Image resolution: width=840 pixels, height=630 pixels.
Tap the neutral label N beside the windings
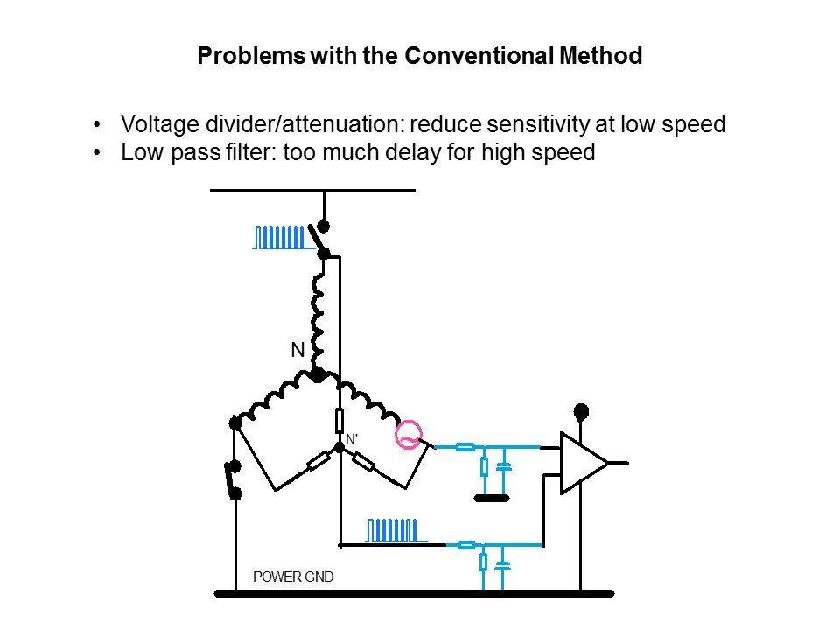pos(297,351)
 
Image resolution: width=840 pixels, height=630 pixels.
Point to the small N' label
pos(351,440)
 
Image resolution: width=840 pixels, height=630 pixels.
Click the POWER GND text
pos(292,577)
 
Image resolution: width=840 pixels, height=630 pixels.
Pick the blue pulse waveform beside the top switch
pos(281,237)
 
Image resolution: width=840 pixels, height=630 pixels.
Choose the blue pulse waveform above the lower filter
pos(395,530)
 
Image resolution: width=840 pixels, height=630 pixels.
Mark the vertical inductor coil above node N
pos(318,311)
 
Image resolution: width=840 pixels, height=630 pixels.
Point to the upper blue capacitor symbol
pos(503,466)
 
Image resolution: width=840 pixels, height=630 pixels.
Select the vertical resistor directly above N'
pos(339,421)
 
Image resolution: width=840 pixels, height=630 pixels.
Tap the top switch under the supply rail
pos(323,238)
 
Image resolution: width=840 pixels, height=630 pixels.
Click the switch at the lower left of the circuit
pos(234,479)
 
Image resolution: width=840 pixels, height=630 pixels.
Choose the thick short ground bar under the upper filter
pos(491,499)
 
